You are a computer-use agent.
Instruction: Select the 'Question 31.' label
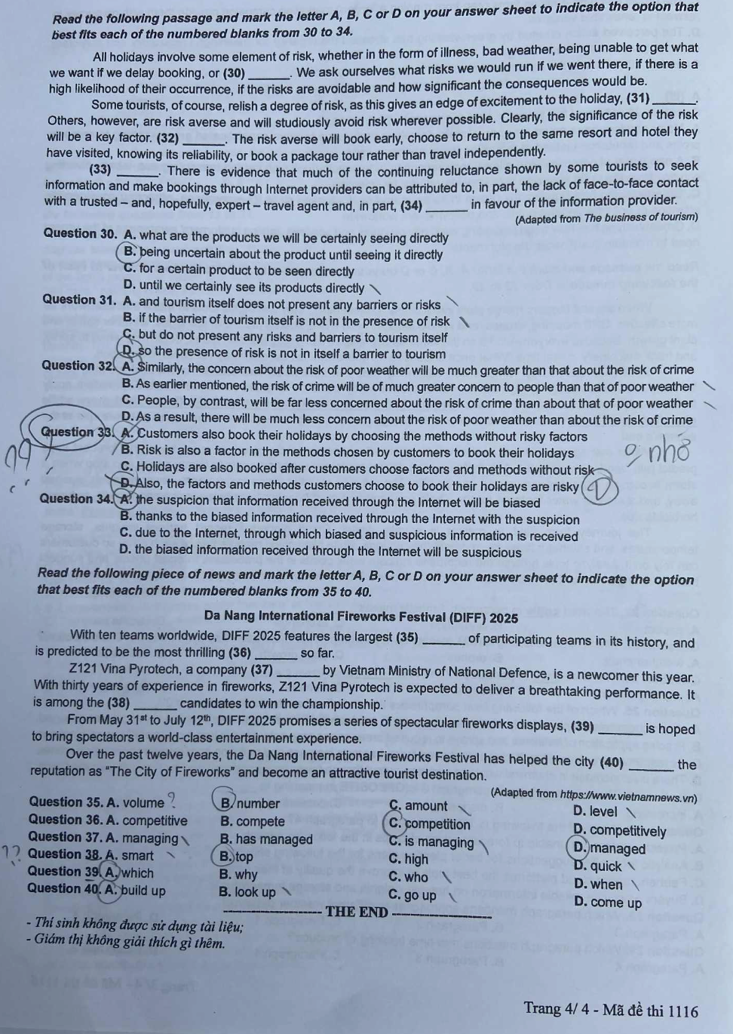click(x=79, y=300)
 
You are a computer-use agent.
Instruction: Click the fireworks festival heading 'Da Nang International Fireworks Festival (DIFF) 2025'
click(x=360, y=617)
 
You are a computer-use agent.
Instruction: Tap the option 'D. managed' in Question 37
click(x=609, y=848)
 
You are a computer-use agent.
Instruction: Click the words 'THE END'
click(x=357, y=912)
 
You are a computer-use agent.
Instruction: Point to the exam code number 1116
click(x=682, y=1011)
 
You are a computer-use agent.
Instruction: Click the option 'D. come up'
click(x=608, y=903)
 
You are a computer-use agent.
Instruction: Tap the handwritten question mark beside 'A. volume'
click(x=173, y=799)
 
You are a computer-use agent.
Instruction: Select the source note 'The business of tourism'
click(x=641, y=217)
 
